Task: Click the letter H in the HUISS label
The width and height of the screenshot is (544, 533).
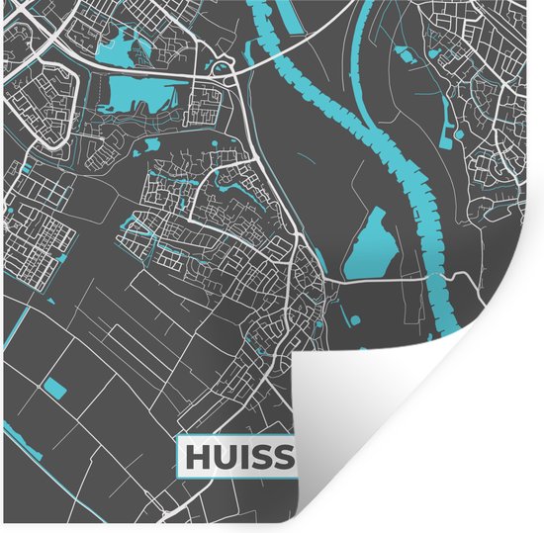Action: [197, 457]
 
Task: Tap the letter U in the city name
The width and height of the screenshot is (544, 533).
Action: [224, 457]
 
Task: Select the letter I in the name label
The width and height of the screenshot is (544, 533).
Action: [243, 457]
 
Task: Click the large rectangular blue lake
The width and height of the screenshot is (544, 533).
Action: [143, 96]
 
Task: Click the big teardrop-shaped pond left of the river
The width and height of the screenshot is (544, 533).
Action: [368, 241]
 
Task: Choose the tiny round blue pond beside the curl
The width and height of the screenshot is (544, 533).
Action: [347, 317]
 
